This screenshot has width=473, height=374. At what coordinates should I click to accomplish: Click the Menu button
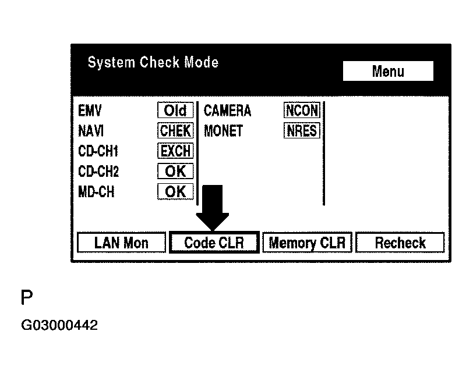coord(388,72)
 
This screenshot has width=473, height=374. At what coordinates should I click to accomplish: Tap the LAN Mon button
coord(121,243)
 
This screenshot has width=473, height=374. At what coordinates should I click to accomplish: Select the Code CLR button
coord(214,243)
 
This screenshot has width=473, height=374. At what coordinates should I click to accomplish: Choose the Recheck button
coord(400,243)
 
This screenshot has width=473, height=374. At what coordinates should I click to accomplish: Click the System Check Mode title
coord(153,62)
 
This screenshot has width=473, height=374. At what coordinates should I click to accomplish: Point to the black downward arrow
coord(213,208)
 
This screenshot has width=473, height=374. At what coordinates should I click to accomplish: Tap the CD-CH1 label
coord(98,151)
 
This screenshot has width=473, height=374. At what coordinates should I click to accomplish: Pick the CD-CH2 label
coord(98,172)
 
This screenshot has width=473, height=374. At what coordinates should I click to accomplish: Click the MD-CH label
coord(96,191)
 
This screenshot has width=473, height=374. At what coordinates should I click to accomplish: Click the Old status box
coord(175,111)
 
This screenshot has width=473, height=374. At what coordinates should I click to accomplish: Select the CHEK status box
coord(175,131)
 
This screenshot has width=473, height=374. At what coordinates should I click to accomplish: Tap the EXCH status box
coord(175,151)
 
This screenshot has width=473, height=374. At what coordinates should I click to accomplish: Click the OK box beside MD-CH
coord(175,191)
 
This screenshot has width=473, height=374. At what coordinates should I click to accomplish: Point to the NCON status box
coord(302,111)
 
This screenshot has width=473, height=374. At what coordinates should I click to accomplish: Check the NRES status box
coord(302,131)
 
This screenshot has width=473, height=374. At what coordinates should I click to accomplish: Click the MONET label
coord(223,131)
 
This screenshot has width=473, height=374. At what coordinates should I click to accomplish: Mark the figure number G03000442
coord(59,325)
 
